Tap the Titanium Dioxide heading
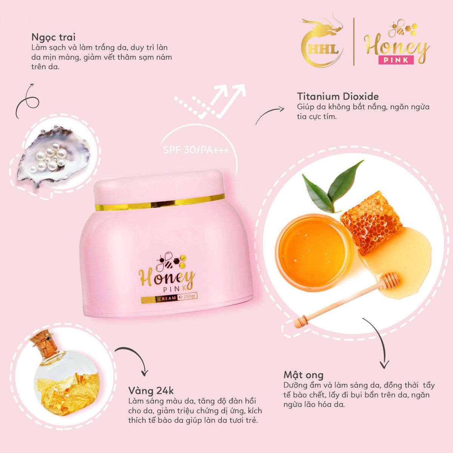pos(338,96)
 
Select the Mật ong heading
pos(304,374)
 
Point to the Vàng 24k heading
pos(151,391)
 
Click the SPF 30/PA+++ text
pos(196,150)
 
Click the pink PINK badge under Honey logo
pos(396,60)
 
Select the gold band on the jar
pos(160,202)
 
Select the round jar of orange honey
pos(315,253)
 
